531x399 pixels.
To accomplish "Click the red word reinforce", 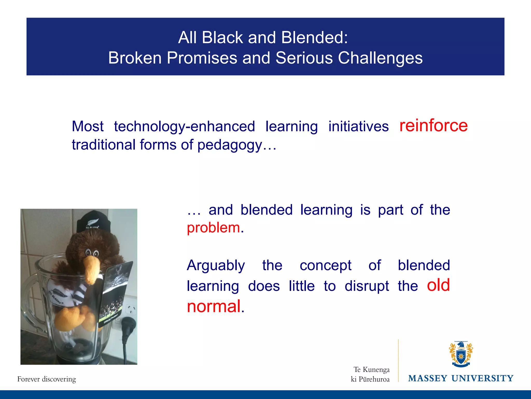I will (433, 126).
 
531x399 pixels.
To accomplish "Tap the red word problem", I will (213, 228).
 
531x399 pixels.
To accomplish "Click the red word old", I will (438, 285).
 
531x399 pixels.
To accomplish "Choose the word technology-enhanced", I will (184, 127).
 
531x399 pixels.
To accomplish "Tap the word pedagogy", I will (230, 145).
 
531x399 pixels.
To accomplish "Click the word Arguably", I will (216, 265).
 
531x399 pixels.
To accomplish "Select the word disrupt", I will (367, 286).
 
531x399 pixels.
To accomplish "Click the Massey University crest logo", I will (461, 354).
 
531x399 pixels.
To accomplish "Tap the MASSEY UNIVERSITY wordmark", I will (461, 378).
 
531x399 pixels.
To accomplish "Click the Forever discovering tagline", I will (47, 379).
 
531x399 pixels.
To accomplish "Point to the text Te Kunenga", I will (371, 369).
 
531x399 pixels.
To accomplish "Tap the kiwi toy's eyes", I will (92, 252).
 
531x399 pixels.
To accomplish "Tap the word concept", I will (325, 265).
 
